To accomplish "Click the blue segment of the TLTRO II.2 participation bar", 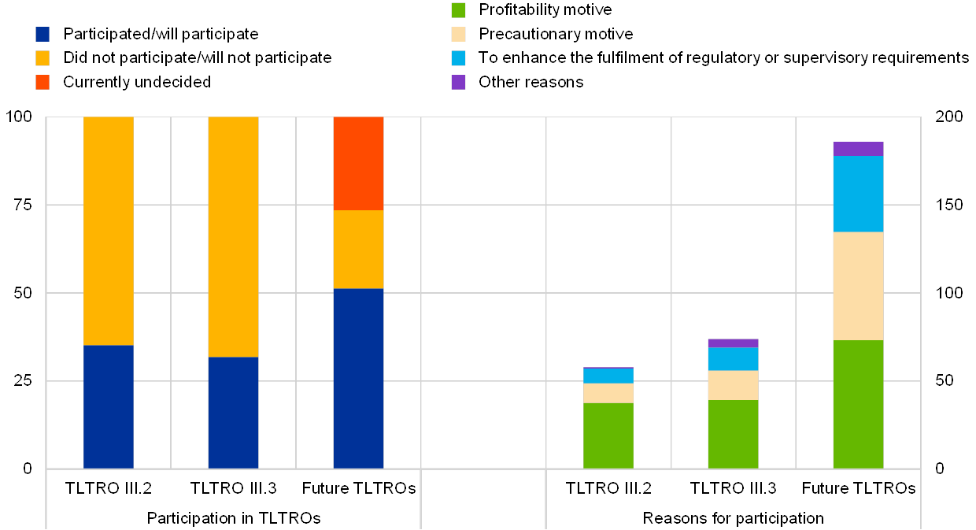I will (109, 406).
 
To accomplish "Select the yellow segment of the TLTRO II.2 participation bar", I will (109, 231).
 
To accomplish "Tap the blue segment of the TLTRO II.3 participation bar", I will (233, 413).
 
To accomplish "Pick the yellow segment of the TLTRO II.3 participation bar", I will (233, 236).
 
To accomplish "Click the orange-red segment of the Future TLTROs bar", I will (358, 163).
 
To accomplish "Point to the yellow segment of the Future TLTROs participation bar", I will (358, 249).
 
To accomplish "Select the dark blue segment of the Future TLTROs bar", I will (358, 378).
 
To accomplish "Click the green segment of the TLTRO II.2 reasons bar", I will (608, 435).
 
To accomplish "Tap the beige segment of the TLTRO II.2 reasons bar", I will (608, 393).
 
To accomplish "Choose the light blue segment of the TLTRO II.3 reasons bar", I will (733, 359).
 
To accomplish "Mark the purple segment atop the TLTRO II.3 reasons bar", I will (733, 343).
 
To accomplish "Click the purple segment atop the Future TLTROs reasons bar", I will (858, 149).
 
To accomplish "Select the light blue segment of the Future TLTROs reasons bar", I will (858, 194).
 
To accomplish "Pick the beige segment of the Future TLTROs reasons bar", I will (858, 286).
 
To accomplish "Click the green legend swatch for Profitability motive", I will (458, 10).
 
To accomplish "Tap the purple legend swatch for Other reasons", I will (458, 82).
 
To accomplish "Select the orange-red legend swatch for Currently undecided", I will (43, 82).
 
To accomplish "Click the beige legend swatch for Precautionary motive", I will (458, 34).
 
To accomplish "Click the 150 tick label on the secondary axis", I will (948, 205).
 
